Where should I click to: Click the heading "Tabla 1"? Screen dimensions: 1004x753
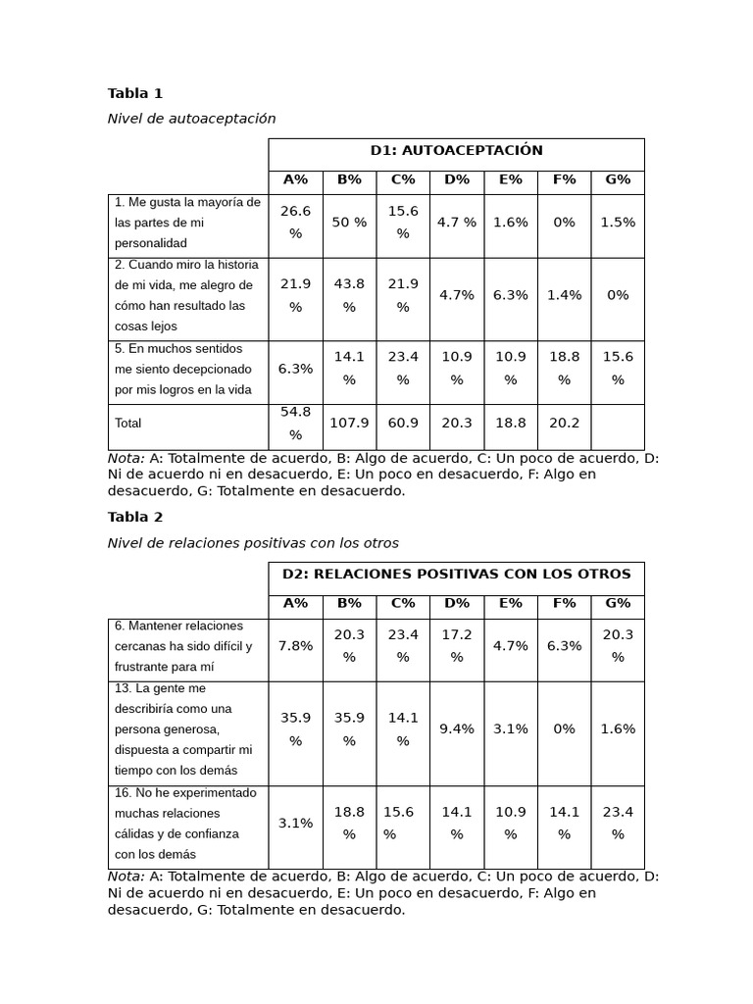click(x=135, y=94)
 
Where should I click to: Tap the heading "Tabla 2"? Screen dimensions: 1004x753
click(x=135, y=518)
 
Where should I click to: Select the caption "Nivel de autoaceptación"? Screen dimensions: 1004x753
click(x=191, y=119)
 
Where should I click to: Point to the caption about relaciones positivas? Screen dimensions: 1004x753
click(x=253, y=542)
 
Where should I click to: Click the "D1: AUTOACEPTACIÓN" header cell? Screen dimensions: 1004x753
click(x=456, y=151)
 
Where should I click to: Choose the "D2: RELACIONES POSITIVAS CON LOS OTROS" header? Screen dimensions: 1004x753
click(x=456, y=575)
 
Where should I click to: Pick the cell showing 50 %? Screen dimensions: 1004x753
click(x=349, y=223)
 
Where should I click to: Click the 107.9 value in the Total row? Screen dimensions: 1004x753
click(x=349, y=424)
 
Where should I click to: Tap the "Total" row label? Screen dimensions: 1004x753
click(x=128, y=424)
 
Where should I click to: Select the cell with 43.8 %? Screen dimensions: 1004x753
click(x=349, y=295)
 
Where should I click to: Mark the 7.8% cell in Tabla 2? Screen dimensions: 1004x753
click(x=295, y=646)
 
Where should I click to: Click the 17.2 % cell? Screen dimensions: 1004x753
click(x=457, y=646)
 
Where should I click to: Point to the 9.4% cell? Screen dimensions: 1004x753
click(x=457, y=729)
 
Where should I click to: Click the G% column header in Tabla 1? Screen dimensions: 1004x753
click(x=618, y=179)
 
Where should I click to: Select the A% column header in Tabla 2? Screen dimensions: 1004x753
click(x=295, y=604)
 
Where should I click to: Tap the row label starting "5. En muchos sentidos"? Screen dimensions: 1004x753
click(x=183, y=370)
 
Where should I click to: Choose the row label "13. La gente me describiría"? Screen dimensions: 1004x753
click(x=183, y=729)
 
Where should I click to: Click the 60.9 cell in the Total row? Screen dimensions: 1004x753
click(x=403, y=424)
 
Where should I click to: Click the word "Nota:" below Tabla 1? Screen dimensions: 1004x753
click(x=125, y=458)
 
